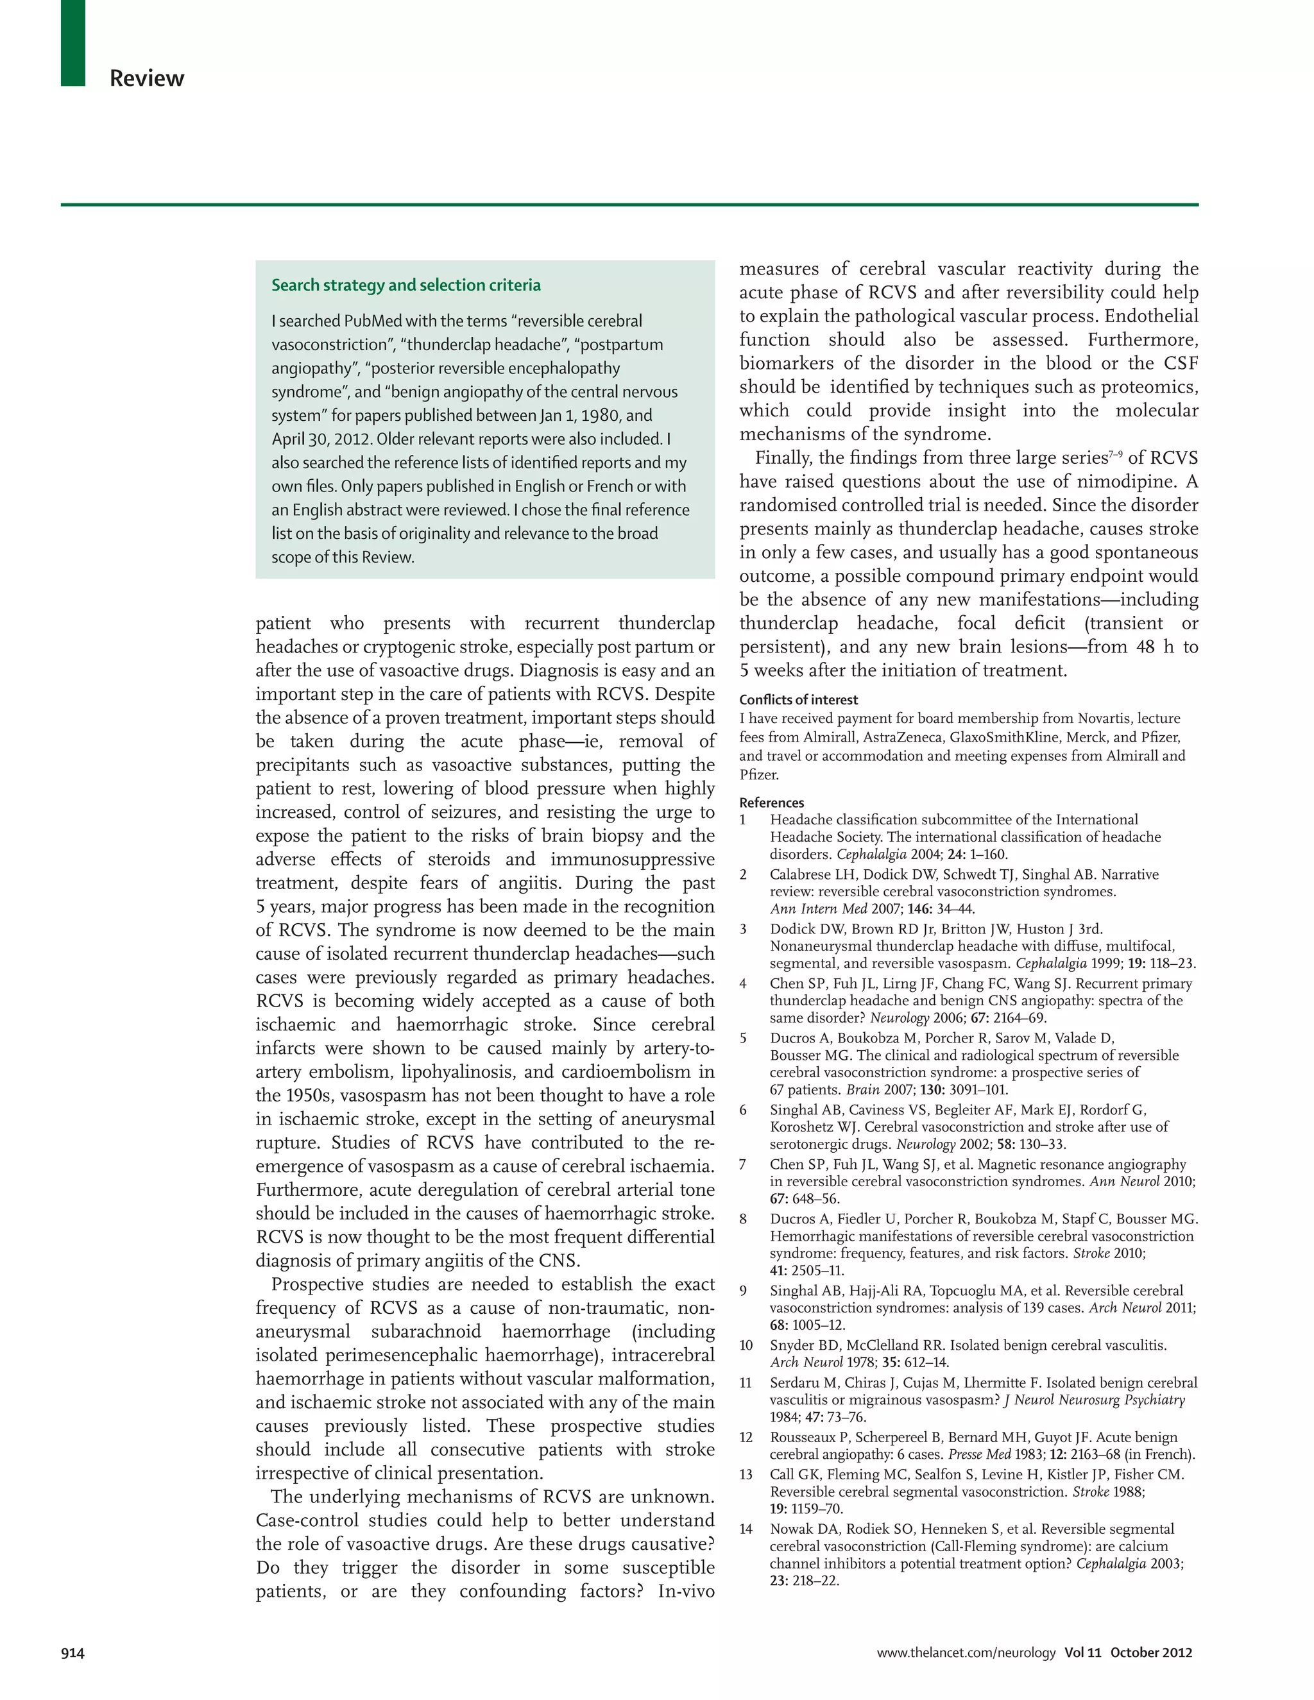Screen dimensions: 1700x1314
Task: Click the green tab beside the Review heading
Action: (x=73, y=42)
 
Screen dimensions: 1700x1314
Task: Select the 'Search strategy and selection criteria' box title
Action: (x=405, y=285)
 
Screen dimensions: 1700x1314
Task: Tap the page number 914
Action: (x=73, y=1653)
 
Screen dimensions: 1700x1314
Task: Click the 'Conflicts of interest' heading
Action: (x=799, y=700)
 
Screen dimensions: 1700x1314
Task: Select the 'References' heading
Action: (x=771, y=803)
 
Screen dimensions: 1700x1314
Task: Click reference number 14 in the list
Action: (x=746, y=1529)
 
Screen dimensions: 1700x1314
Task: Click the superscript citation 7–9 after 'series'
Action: (x=1114, y=453)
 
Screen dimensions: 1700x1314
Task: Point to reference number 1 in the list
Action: (x=742, y=820)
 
